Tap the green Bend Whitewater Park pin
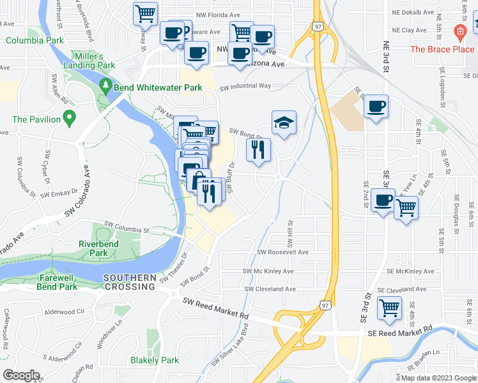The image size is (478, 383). (105, 86)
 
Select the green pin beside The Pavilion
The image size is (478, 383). (70, 119)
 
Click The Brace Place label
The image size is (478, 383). (442, 49)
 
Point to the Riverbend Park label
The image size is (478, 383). (93, 248)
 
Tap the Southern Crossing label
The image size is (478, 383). (129, 282)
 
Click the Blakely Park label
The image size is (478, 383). (155, 360)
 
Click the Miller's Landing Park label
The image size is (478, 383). (93, 61)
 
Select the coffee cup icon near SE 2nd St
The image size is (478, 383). (382, 200)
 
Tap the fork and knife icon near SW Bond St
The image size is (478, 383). (258, 150)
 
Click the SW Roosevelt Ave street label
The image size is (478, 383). (282, 252)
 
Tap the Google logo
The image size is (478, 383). (22, 375)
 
